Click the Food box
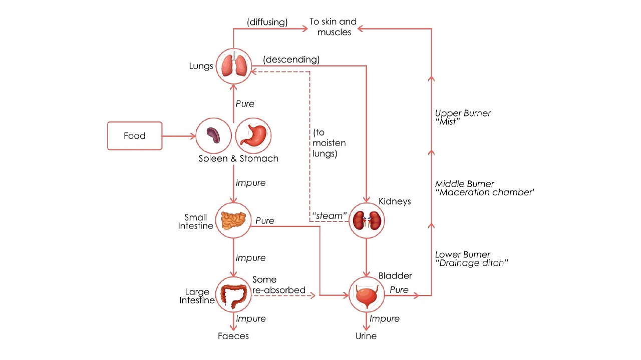point(135,136)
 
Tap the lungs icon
point(233,65)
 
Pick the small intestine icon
point(233,220)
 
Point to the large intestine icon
point(233,295)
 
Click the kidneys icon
point(367,220)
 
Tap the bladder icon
point(367,295)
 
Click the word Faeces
point(233,336)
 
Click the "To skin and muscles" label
point(334,26)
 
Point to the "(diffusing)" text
point(267,22)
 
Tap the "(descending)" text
point(291,59)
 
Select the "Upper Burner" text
point(463,113)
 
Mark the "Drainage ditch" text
point(472,263)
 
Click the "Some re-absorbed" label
point(278,284)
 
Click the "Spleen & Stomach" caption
point(238,158)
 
